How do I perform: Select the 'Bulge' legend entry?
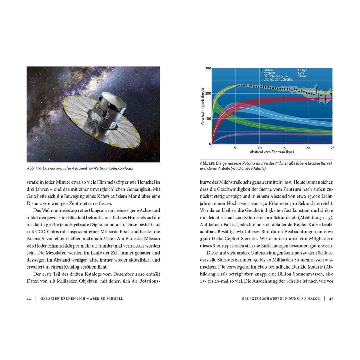302,70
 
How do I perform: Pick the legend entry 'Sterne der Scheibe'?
278,79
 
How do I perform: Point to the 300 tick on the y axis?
208,68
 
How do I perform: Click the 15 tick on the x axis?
284,148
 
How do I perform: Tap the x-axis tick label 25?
332,148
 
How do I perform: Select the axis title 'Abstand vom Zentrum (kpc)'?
271,152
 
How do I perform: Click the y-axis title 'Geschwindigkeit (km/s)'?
203,106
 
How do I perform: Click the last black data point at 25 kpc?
331,94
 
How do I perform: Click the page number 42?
29,298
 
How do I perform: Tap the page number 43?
331,298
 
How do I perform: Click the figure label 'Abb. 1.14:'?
34,168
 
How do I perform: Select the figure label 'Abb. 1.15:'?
207,163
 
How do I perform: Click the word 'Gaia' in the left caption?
128,168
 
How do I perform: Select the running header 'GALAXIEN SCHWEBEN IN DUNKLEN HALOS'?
281,298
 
